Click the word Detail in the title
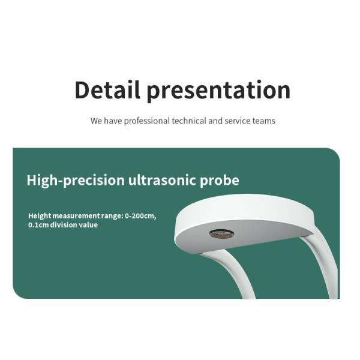(x=107, y=89)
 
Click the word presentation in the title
(x=218, y=91)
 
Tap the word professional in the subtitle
(x=147, y=121)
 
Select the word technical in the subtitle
(x=189, y=121)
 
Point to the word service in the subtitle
(x=238, y=121)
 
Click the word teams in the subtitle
(x=264, y=121)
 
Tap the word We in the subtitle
(x=96, y=121)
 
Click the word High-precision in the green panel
(x=76, y=181)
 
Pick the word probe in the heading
(x=220, y=181)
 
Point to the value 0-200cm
(x=140, y=216)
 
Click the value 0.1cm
(x=38, y=225)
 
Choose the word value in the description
(x=88, y=225)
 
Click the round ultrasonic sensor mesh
(x=222, y=234)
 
